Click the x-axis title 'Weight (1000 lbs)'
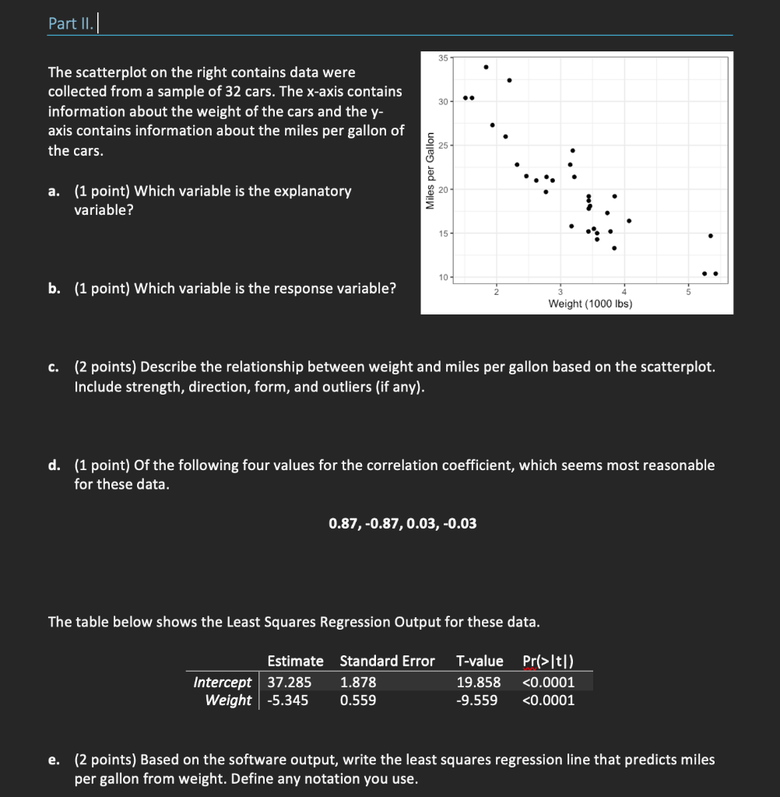[x=590, y=304]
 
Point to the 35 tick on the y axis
[x=442, y=58]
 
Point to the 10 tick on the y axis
[x=442, y=278]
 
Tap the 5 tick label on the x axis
[x=687, y=290]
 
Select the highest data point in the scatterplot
[x=487, y=67]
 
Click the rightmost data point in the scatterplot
[x=715, y=273]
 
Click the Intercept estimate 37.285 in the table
[x=290, y=682]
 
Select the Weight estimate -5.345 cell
[x=287, y=700]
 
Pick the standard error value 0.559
[x=358, y=700]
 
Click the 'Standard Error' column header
[x=387, y=661]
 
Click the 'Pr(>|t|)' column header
[x=549, y=661]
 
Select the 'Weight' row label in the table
[x=228, y=700]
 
